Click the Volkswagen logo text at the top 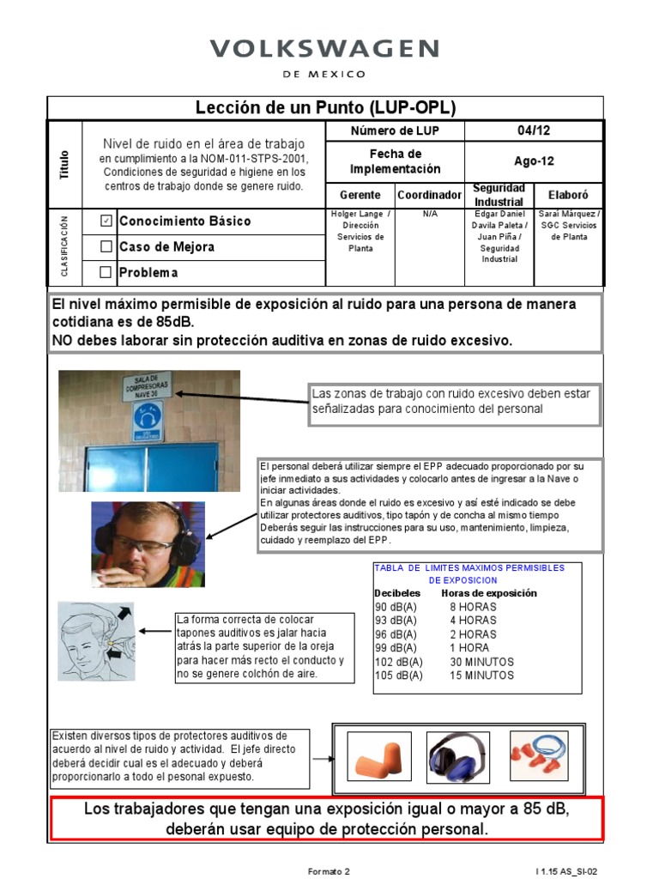[324, 49]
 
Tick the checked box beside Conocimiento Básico [106, 221]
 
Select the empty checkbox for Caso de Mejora [106, 247]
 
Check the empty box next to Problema [106, 273]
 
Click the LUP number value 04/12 [533, 130]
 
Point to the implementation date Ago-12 [533, 161]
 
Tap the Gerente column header [360, 195]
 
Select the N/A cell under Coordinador [429, 215]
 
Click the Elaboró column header [568, 195]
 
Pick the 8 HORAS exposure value [473, 607]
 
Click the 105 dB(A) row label [399, 676]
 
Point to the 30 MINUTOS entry [481, 662]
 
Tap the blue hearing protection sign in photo [146, 419]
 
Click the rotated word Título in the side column [64, 163]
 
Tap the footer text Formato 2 [329, 871]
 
